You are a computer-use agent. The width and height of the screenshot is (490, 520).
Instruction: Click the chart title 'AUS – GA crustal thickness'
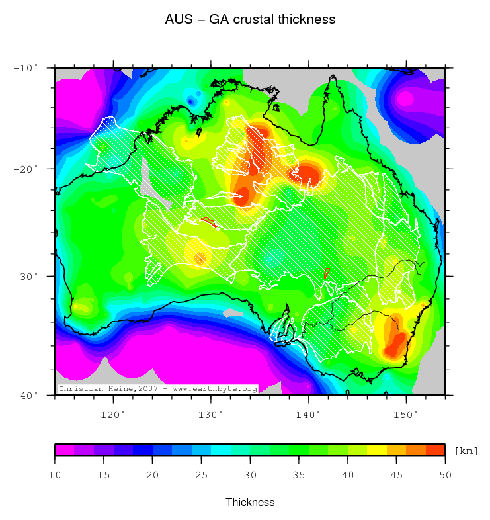pyautogui.click(x=250, y=20)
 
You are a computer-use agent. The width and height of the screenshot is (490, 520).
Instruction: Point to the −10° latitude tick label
pyautogui.click(x=26, y=67)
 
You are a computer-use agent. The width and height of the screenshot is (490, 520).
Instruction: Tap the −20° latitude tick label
pyautogui.click(x=26, y=169)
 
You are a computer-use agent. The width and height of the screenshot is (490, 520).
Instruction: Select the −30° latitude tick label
pyautogui.click(x=26, y=275)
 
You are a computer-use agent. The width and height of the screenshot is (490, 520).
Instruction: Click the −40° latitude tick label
pyautogui.click(x=26, y=395)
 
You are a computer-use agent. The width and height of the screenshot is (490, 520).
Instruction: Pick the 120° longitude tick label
pyautogui.click(x=113, y=415)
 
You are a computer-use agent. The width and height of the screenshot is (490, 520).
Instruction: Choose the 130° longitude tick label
pyautogui.click(x=211, y=415)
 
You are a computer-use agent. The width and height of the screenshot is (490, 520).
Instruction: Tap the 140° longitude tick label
pyautogui.click(x=309, y=415)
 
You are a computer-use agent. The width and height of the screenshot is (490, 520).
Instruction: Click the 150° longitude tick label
pyautogui.click(x=406, y=415)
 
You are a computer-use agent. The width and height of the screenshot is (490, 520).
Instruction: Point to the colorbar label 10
pyautogui.click(x=55, y=475)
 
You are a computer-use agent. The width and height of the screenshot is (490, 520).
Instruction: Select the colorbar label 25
pyautogui.click(x=201, y=475)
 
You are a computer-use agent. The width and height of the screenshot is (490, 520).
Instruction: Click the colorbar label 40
pyautogui.click(x=347, y=475)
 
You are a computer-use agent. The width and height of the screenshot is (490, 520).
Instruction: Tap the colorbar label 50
pyautogui.click(x=444, y=475)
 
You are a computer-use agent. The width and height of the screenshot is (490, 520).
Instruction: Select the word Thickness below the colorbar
pyautogui.click(x=250, y=502)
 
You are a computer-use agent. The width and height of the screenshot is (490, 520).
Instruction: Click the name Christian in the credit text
pyautogui.click(x=80, y=389)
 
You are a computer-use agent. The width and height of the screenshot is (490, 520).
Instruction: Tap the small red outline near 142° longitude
pyautogui.click(x=326, y=272)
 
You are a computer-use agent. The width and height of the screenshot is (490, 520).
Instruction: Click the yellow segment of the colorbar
pyautogui.click(x=376, y=450)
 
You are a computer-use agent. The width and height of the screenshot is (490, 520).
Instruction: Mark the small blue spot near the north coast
pyautogui.click(x=192, y=101)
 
